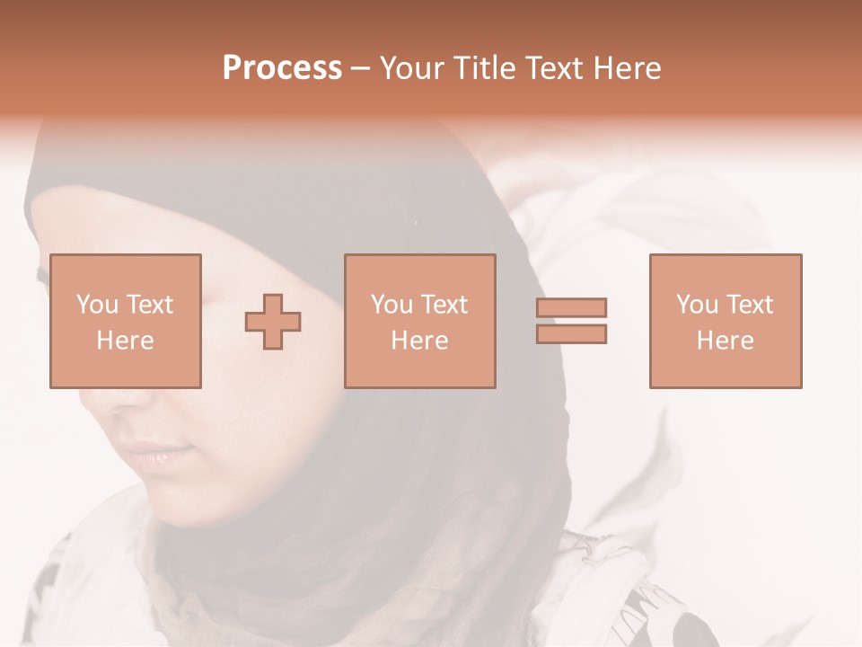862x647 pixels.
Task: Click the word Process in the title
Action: [x=282, y=68]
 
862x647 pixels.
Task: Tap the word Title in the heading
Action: [x=487, y=68]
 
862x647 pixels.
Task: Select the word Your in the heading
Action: [x=414, y=68]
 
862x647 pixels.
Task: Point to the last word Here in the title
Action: [x=629, y=68]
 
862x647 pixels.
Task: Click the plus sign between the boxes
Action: [x=273, y=322]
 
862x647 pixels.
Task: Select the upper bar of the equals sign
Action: [x=571, y=307]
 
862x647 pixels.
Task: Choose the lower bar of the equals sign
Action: [x=571, y=333]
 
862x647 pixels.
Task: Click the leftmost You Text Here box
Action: [x=125, y=321]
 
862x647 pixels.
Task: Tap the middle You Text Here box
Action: [x=419, y=321]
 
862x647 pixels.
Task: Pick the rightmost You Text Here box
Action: [x=725, y=321]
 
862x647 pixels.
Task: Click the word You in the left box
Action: [x=97, y=305]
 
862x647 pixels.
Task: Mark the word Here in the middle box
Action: [x=419, y=340]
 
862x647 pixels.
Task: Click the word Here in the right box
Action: [x=725, y=340]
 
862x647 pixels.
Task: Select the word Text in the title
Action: [x=557, y=68]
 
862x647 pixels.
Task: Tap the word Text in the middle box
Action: [x=444, y=305]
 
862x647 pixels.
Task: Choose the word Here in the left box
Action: [x=125, y=340]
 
